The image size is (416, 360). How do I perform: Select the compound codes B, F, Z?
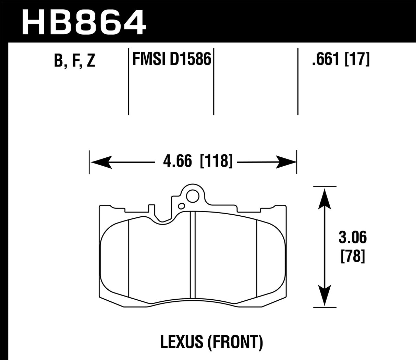tap(74, 61)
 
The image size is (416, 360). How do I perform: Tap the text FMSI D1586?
tap(171, 59)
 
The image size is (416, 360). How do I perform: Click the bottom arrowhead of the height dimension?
tap(324, 295)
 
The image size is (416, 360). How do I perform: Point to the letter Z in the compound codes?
tap(91, 61)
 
